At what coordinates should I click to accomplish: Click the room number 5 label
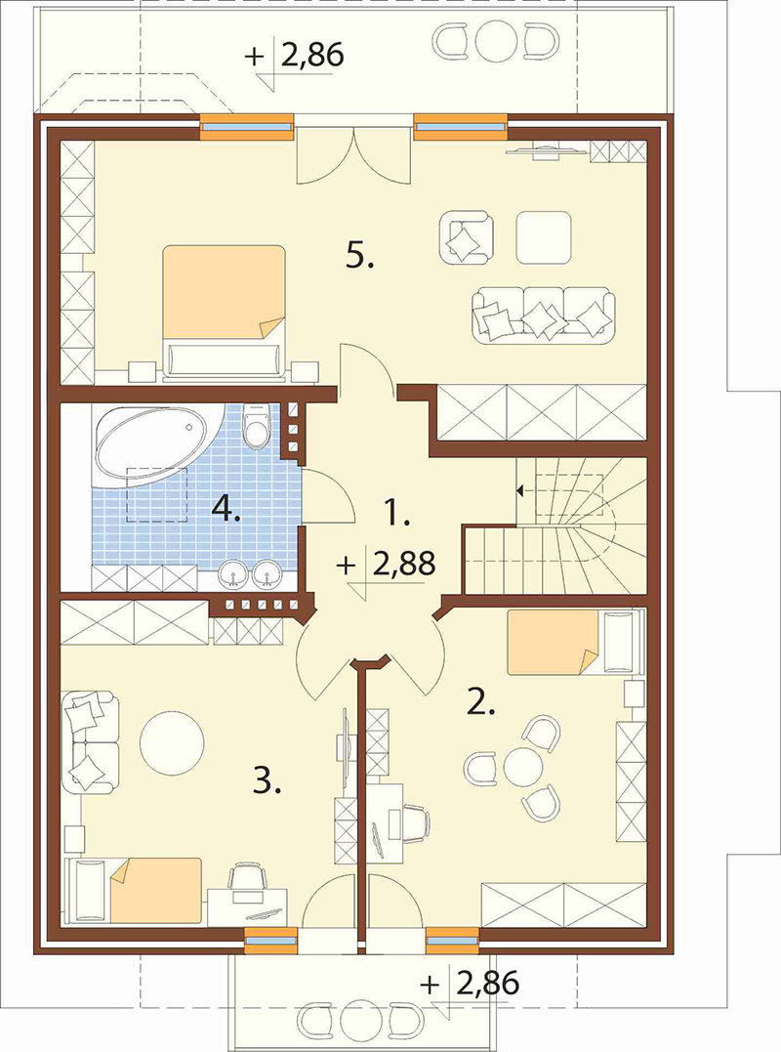click(359, 256)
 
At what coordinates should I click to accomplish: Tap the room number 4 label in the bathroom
click(226, 510)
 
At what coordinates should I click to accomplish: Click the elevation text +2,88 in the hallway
click(387, 565)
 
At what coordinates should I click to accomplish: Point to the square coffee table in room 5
click(544, 237)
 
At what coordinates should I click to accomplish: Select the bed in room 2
click(575, 642)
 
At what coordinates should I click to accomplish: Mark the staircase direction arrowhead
click(519, 491)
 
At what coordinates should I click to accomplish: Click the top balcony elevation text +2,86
click(295, 55)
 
